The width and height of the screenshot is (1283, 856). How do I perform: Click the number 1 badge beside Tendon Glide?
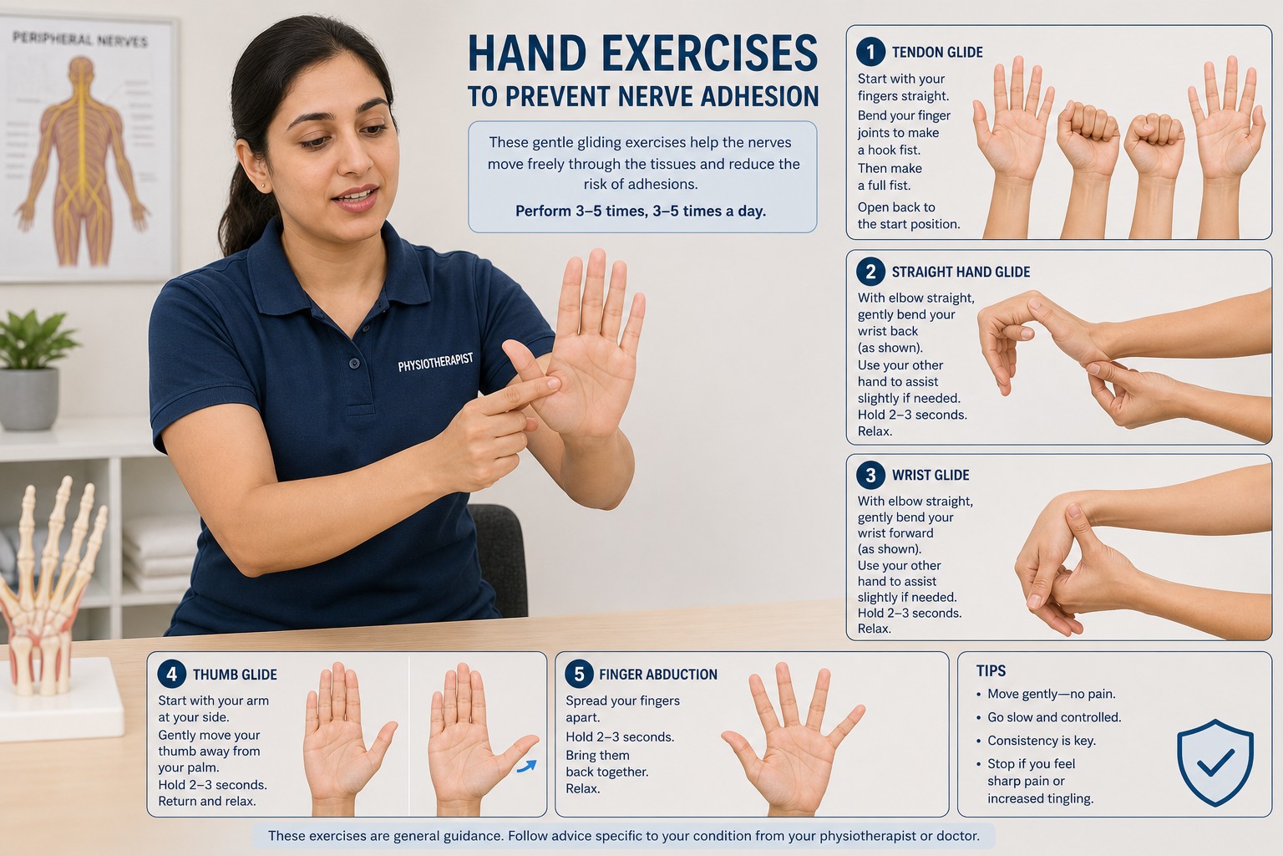(870, 52)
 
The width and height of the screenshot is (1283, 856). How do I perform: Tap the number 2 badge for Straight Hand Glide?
(870, 271)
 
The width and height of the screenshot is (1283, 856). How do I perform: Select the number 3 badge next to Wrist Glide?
(870, 475)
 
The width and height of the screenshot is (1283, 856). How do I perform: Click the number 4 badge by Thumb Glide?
(171, 674)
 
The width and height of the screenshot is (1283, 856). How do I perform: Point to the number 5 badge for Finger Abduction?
(579, 674)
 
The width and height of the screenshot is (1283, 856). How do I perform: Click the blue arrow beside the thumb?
(526, 766)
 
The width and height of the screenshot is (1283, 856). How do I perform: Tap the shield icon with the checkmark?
(1215, 762)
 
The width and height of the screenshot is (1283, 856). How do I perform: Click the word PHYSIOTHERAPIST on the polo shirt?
(435, 362)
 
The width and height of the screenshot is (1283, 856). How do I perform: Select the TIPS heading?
(991, 670)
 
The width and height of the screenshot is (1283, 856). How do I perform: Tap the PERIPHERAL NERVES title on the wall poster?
(80, 39)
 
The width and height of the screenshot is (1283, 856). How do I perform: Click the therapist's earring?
(263, 186)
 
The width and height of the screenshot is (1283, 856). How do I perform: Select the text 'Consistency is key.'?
(1042, 740)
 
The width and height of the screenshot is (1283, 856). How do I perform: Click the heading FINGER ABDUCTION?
(658, 675)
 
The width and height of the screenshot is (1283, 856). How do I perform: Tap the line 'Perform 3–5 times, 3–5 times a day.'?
(641, 211)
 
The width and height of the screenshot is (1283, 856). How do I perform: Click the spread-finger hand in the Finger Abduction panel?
(794, 740)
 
